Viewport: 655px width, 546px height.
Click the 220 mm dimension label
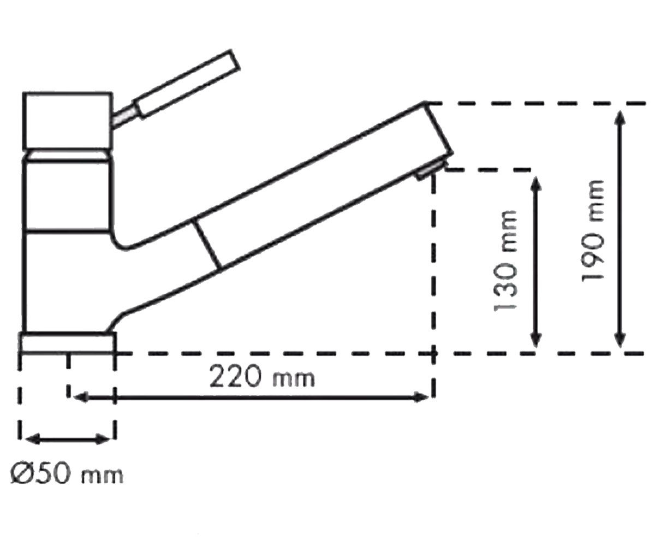click(x=261, y=377)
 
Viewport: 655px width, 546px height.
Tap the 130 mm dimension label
click(x=505, y=261)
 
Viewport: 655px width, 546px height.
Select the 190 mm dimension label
click(x=593, y=232)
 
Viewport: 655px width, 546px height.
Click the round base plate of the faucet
click(x=68, y=343)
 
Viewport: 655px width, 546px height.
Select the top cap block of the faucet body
click(x=68, y=121)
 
